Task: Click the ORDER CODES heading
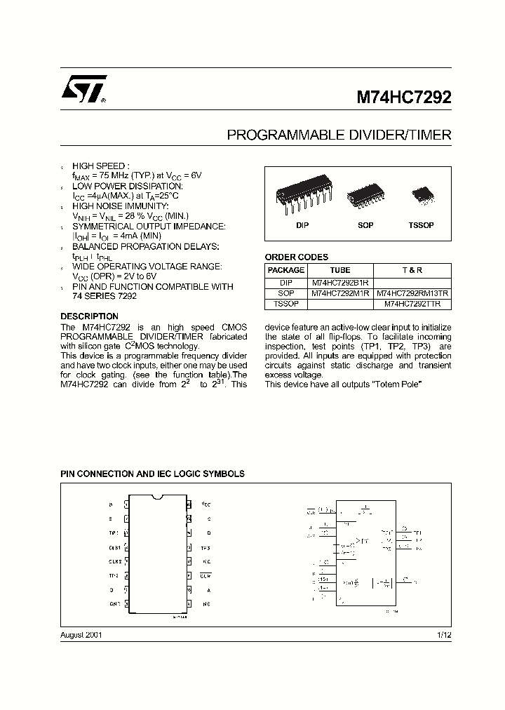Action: click(296, 257)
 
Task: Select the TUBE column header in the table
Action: click(339, 270)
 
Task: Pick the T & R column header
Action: click(412, 270)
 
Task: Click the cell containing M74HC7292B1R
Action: click(339, 282)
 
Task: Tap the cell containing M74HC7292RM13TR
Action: click(412, 293)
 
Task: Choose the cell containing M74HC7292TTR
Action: click(412, 304)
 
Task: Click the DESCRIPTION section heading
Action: click(89, 316)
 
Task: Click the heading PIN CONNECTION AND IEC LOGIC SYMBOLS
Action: click(152, 474)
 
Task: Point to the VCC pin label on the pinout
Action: click(206, 504)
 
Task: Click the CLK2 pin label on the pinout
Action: click(114, 561)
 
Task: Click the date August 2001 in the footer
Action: click(81, 634)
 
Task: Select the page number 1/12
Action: click(444, 634)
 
